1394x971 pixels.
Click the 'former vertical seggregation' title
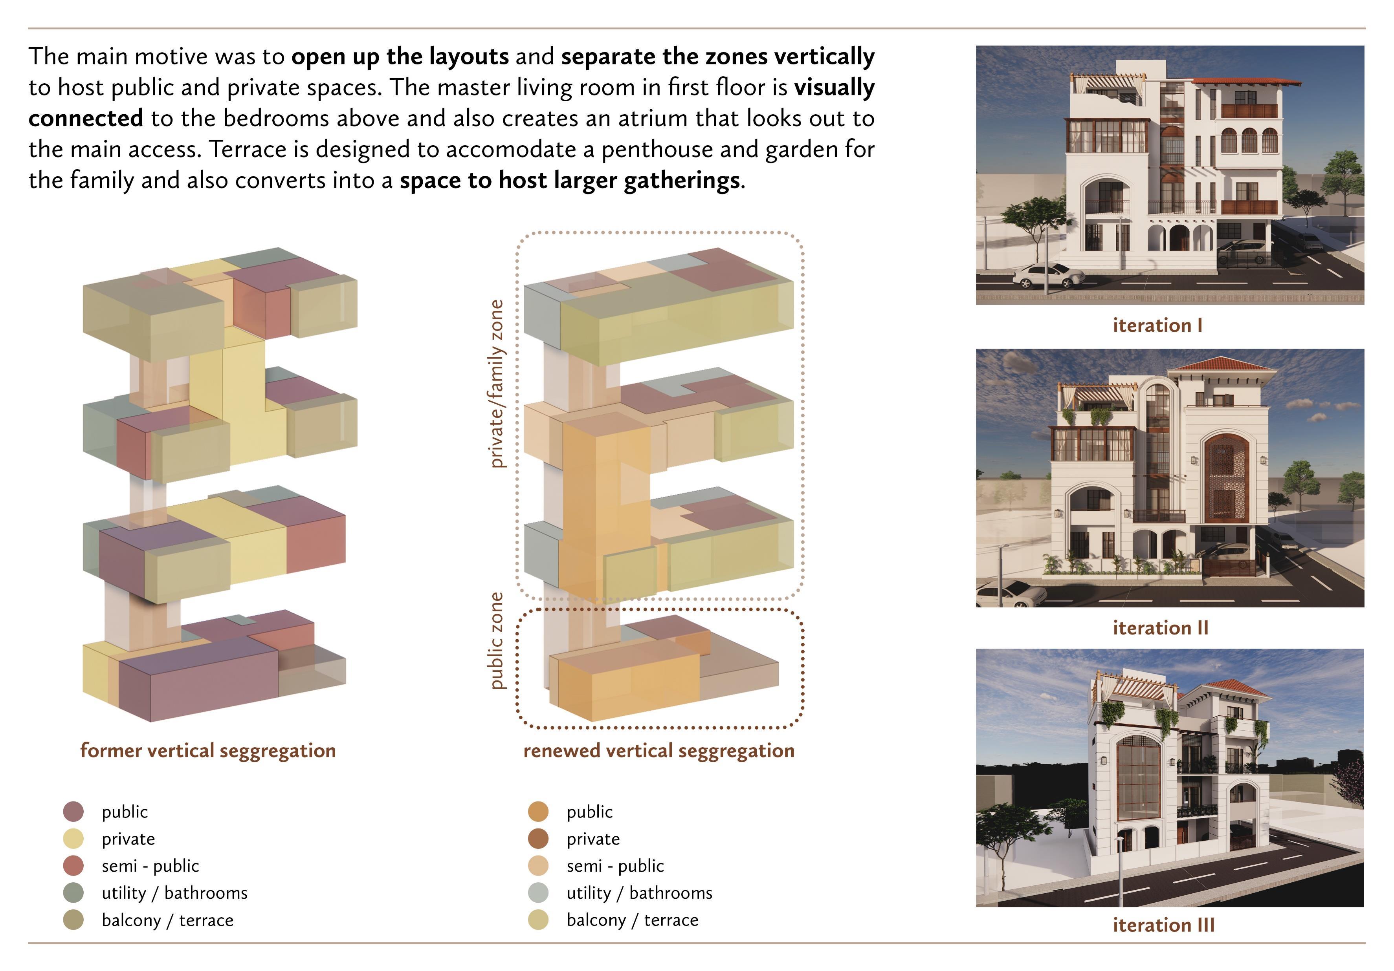tap(207, 751)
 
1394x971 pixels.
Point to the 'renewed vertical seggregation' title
tap(659, 751)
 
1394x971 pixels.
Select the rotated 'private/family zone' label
tap(497, 384)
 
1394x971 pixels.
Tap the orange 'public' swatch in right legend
tap(538, 812)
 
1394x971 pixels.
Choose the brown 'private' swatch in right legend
tap(538, 839)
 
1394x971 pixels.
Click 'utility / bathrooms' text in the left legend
tap(174, 893)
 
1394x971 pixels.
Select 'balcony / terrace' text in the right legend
tap(632, 920)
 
